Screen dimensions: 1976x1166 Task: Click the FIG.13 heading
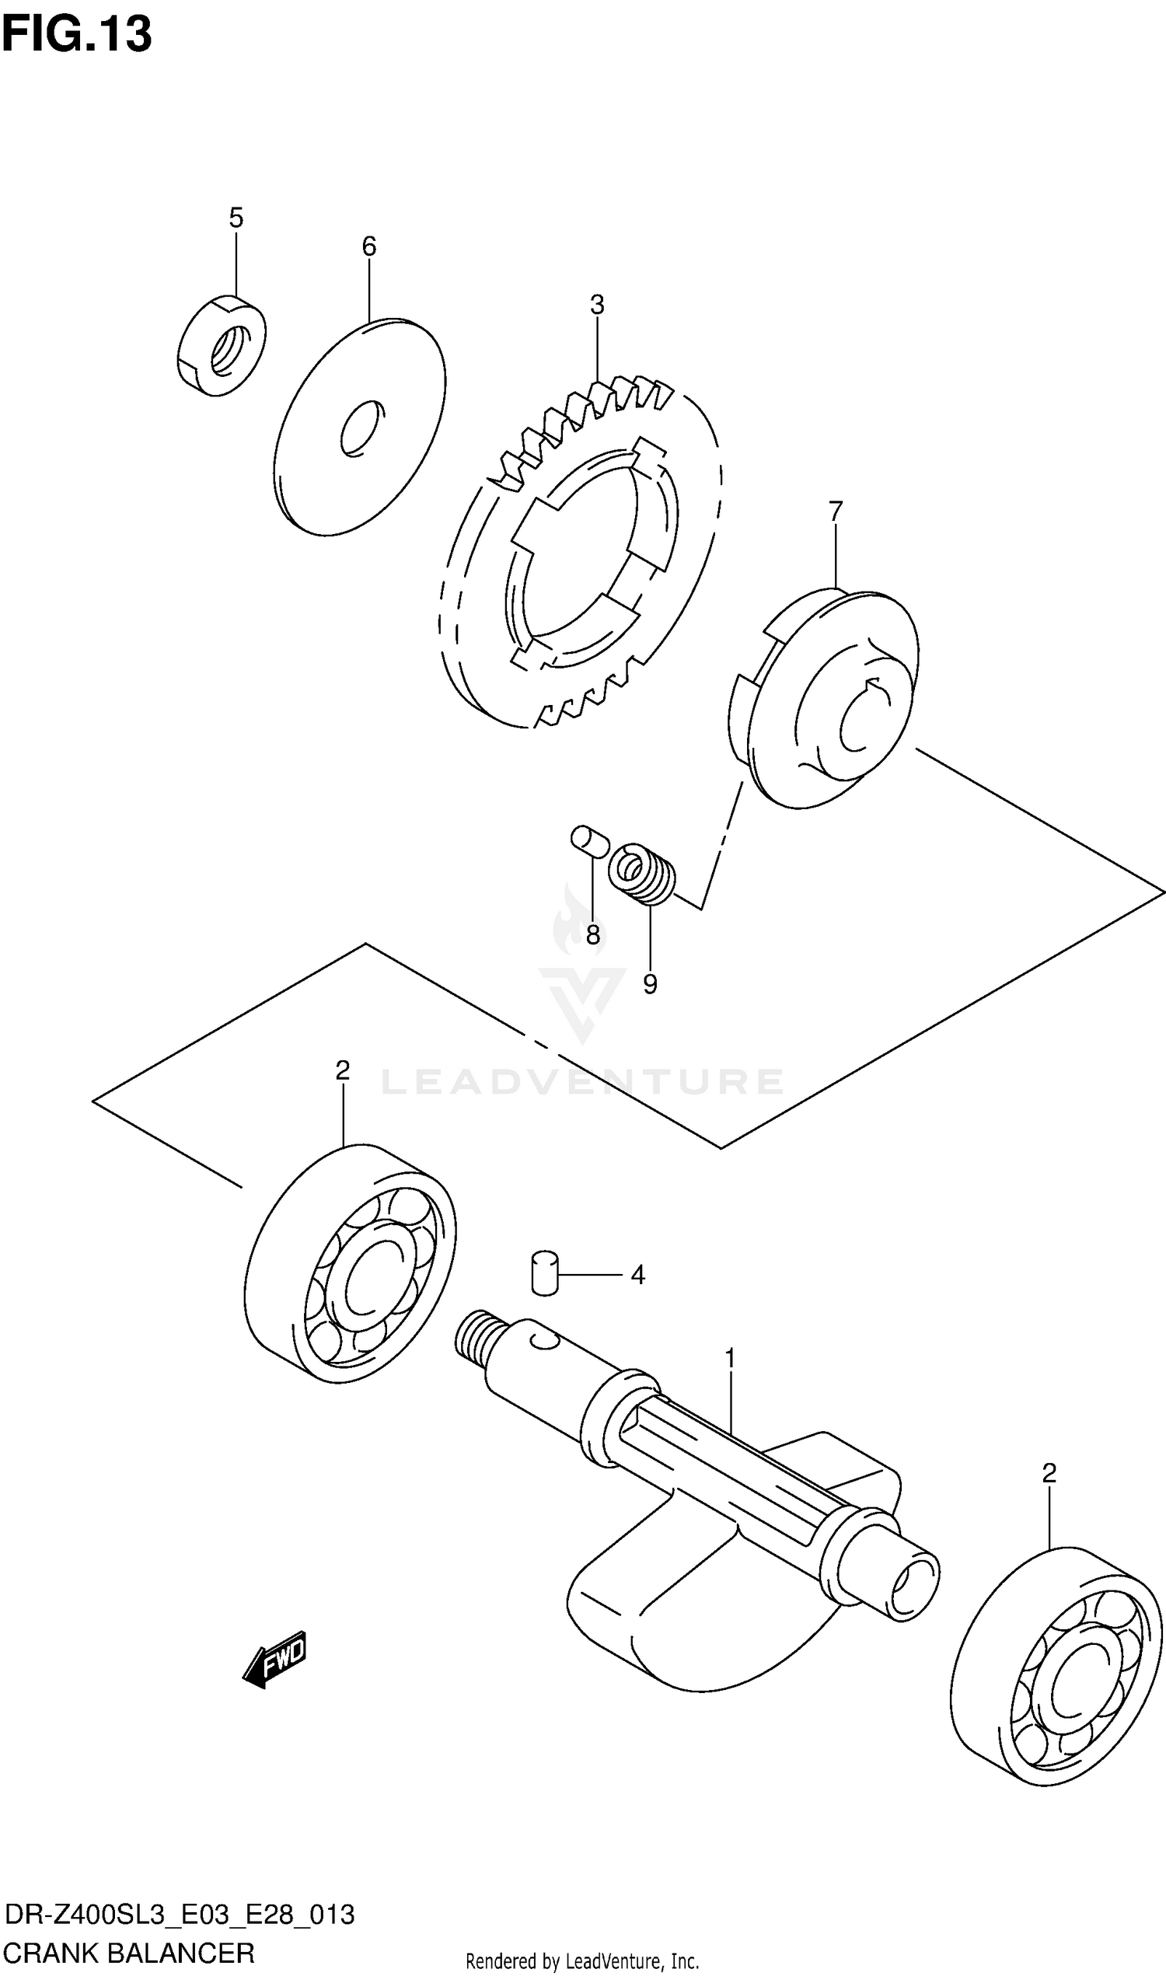[76, 34]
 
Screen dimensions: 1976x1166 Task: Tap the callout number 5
[236, 218]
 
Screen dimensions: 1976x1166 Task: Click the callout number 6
[368, 246]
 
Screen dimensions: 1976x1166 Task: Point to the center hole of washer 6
[362, 428]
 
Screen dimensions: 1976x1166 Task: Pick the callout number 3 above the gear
[597, 305]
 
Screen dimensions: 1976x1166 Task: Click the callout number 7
[835, 511]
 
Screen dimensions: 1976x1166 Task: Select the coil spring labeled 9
[643, 874]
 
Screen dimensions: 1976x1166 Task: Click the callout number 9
[650, 984]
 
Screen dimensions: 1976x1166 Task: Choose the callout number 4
[637, 1274]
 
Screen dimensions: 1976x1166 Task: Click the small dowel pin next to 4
[543, 1272]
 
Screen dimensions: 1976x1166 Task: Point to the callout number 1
[729, 1358]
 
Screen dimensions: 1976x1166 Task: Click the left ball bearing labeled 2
[351, 1264]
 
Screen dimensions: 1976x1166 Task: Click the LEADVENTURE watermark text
[581, 1082]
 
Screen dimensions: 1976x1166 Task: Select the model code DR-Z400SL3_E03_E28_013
[179, 1913]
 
